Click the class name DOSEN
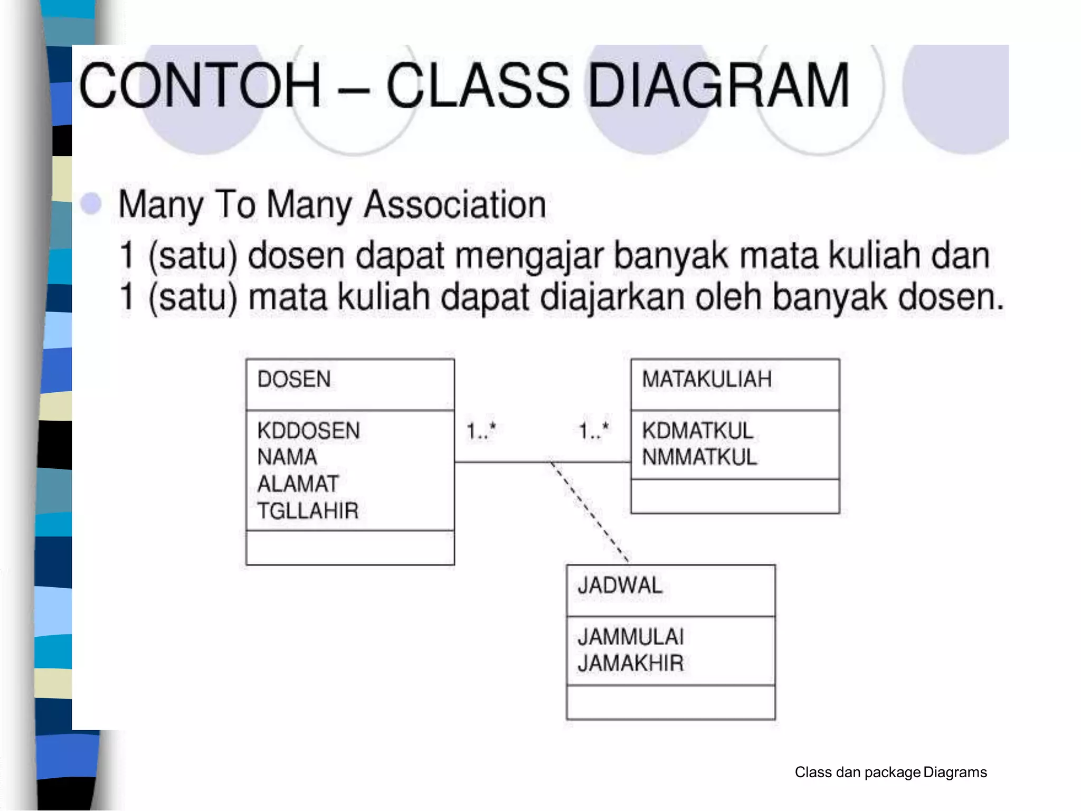(294, 380)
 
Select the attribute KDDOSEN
(308, 431)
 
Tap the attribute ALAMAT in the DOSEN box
(298, 484)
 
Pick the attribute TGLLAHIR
(308, 511)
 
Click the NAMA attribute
(287, 457)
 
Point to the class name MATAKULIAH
(707, 380)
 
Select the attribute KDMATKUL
(697, 431)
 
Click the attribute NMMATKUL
(699, 457)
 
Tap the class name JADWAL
(620, 586)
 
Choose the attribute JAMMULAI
(631, 637)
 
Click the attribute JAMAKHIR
(631, 663)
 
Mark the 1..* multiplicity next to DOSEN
(481, 431)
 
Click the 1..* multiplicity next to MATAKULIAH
(594, 431)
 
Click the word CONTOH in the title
(200, 86)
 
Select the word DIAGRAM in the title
(718, 86)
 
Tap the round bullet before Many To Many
(91, 203)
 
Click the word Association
(455, 205)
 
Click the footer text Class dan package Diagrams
(890, 772)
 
